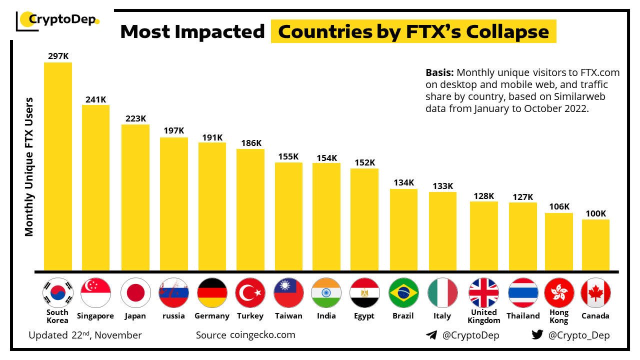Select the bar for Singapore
tap(95, 187)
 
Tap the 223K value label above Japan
tap(135, 118)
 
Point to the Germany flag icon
tap(212, 292)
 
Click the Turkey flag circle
tap(250, 292)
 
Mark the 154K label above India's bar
tap(327, 158)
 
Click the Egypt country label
tap(364, 316)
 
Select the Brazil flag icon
tap(403, 292)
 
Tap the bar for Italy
tap(442, 231)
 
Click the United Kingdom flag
tap(483, 292)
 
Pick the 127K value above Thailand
tap(522, 197)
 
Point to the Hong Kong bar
tap(558, 242)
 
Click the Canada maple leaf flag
tap(595, 292)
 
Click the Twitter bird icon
tap(537, 334)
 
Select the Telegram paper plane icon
tap(431, 335)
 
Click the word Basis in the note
tap(439, 72)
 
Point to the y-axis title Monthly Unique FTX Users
tap(29, 166)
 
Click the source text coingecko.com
tap(262, 334)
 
